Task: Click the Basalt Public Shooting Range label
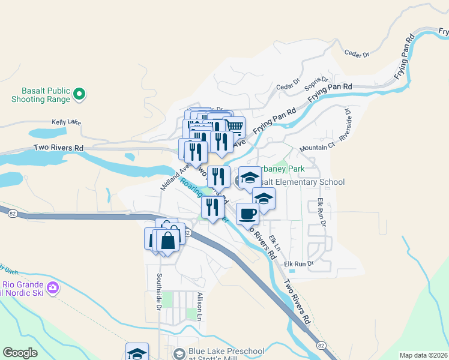[x=41, y=94]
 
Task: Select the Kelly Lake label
[x=66, y=122]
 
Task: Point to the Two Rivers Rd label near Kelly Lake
[x=58, y=148]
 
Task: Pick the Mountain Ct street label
[x=317, y=148]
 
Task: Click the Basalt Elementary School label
[x=305, y=182]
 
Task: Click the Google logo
[x=20, y=353]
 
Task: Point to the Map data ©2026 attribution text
[x=423, y=355]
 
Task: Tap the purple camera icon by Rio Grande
[x=53, y=288]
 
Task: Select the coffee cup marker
[x=247, y=213]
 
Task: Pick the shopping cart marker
[x=235, y=127]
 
